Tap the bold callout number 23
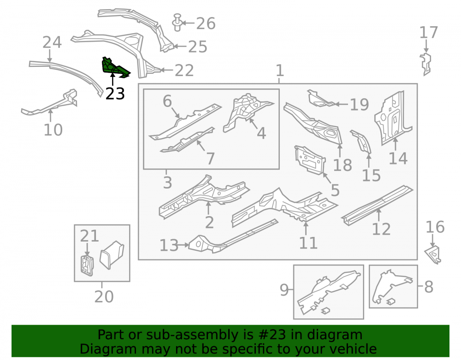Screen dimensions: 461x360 (x=115, y=94)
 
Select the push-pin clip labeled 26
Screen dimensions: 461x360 (x=177, y=22)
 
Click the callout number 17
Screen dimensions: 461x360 (x=428, y=32)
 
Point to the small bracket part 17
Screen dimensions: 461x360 (x=426, y=64)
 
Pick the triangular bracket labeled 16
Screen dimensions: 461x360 (x=433, y=254)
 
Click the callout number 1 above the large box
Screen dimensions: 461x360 (x=280, y=71)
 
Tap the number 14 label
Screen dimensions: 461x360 (x=398, y=159)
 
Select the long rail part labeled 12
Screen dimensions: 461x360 (x=378, y=205)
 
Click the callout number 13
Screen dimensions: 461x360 (x=169, y=245)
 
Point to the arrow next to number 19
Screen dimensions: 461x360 (x=341, y=104)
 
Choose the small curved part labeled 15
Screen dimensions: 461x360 (x=361, y=142)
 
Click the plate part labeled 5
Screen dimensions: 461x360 (x=310, y=160)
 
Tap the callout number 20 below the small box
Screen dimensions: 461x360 (x=104, y=296)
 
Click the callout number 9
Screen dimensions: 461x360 (x=284, y=290)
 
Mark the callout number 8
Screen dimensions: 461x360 (x=429, y=287)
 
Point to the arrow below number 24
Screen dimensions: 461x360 (x=50, y=56)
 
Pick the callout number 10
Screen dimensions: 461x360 (x=53, y=130)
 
